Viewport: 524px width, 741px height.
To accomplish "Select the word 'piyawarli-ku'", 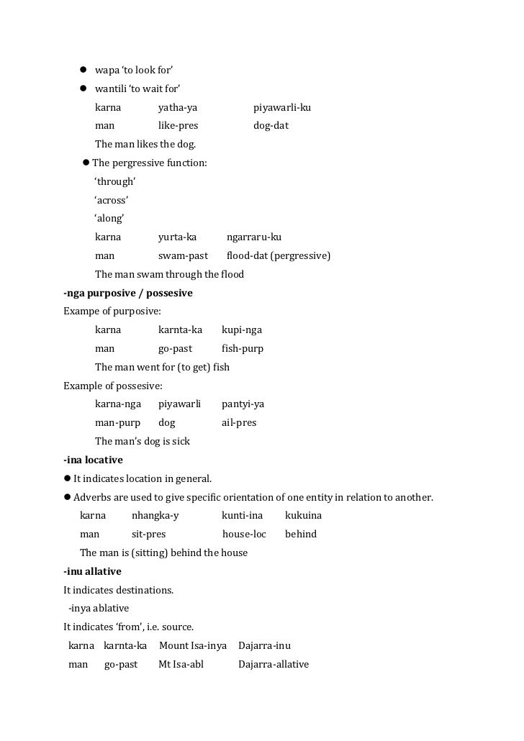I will (282, 108).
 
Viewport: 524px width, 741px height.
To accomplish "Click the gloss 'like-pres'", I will (178, 126).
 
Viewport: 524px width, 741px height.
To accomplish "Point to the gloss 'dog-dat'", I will (271, 126).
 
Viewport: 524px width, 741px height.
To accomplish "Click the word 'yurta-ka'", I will (177, 237).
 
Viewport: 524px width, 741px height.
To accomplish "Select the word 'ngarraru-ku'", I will (254, 237).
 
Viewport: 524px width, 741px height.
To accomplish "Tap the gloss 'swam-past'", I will (183, 255).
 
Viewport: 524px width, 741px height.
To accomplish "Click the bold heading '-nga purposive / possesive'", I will (128, 294).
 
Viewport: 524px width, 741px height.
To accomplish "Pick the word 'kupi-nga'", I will (242, 330).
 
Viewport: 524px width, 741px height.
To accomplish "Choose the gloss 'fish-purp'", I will (243, 349).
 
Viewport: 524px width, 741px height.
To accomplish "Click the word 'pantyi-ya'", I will (243, 404).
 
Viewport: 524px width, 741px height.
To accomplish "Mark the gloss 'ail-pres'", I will (239, 423).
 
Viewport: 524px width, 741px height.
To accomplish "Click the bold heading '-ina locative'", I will (93, 460).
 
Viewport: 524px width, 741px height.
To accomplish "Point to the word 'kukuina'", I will (303, 516).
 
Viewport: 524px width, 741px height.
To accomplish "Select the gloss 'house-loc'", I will (244, 535).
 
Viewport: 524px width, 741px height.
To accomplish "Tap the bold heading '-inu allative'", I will (92, 571).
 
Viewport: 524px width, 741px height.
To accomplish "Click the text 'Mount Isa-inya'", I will (193, 646).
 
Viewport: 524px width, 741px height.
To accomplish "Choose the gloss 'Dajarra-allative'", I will (274, 665).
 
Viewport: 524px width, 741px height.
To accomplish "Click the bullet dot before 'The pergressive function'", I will (86, 163).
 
